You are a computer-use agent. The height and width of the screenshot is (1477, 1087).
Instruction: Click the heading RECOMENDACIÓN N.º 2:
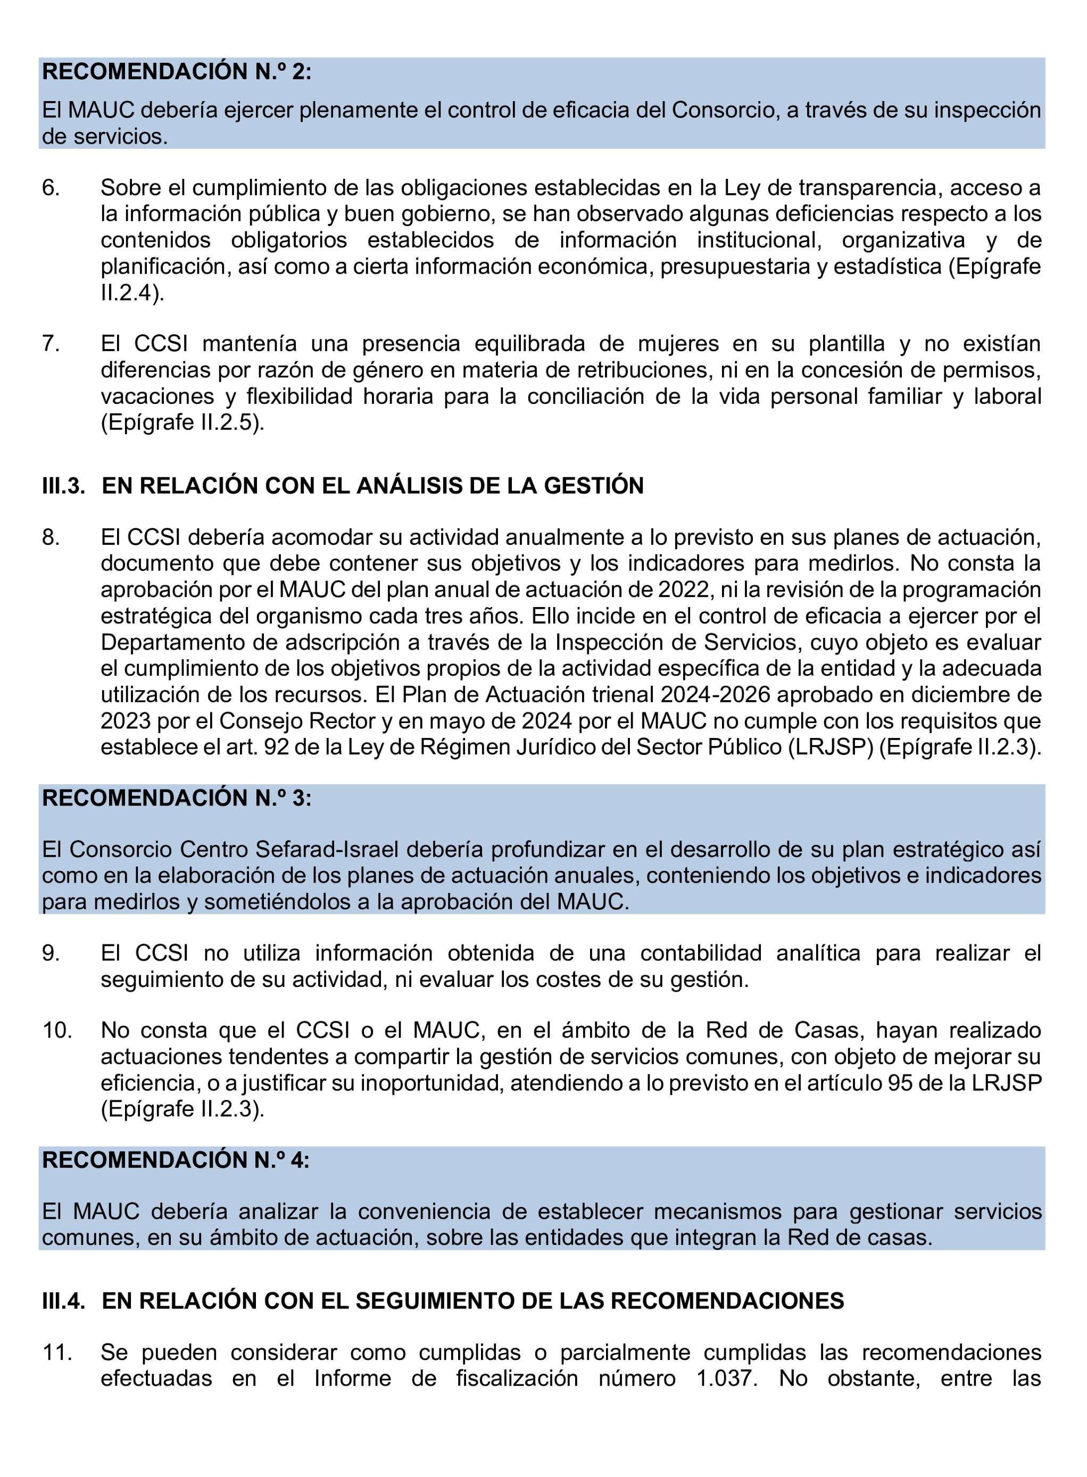click(176, 72)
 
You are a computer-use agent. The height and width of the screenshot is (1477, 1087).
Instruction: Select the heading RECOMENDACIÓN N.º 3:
click(176, 798)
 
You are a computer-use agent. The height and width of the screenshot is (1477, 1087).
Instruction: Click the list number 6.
click(51, 188)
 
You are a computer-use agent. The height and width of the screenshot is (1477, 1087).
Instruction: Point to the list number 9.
click(51, 953)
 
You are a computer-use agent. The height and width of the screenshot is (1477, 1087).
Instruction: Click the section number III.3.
click(63, 486)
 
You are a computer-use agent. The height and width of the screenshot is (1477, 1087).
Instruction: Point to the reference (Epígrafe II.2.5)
click(182, 422)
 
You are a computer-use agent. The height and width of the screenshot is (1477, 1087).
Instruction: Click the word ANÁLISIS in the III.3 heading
click(406, 486)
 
